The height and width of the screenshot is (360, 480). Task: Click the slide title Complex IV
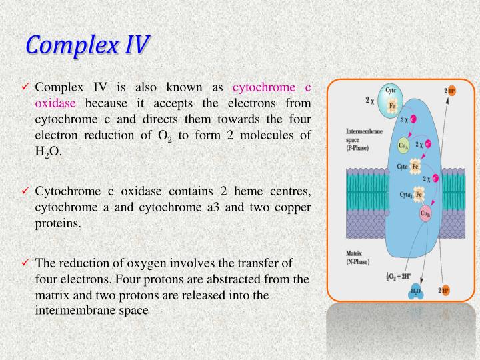pyautogui.click(x=88, y=46)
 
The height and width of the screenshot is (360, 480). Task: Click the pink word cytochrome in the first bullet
pyautogui.click(x=263, y=87)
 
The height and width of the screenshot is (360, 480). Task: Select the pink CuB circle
pyautogui.click(x=425, y=213)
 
